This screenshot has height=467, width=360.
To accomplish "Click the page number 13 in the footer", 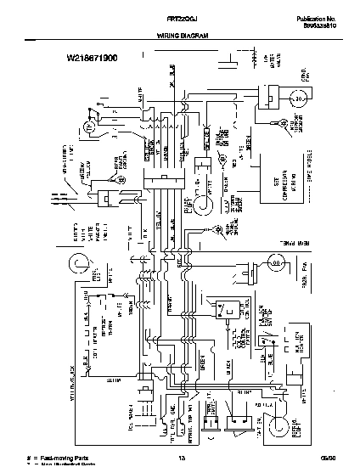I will (x=180, y=459).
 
